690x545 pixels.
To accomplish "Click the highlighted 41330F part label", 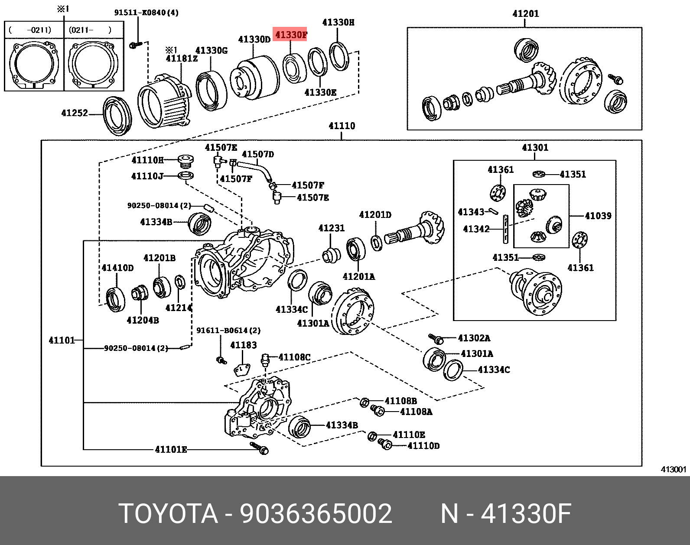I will [291, 34].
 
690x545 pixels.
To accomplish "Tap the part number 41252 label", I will [75, 113].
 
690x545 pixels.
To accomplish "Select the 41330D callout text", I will [254, 39].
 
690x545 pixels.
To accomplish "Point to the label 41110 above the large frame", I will [342, 126].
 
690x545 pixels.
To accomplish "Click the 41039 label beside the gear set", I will [598, 215].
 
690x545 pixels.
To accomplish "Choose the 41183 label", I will [243, 345].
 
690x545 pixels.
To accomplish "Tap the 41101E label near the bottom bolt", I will [171, 450].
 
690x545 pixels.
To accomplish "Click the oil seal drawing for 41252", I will [117, 116].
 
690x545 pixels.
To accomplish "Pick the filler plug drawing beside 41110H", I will [186, 162].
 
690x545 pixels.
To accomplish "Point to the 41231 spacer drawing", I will [332, 255].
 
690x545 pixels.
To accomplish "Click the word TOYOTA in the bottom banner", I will [168, 514].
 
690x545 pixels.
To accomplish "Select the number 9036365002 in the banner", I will [316, 514].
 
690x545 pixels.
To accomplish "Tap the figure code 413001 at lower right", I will [674, 470].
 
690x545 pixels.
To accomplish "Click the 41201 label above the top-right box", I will [525, 14].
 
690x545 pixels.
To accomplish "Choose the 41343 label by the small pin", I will [471, 212].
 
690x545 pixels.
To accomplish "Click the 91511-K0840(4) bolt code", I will [146, 13].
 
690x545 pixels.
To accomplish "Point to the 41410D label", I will [117, 268].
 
